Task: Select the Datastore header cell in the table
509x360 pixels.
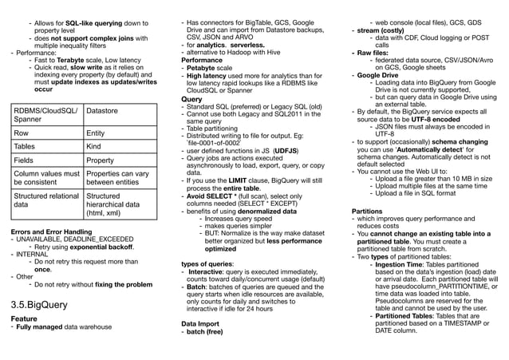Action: tap(105, 112)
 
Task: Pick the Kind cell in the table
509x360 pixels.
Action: tap(93, 147)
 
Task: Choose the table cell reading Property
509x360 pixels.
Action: tap(101, 160)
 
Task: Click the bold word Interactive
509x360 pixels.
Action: tap(207, 271)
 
